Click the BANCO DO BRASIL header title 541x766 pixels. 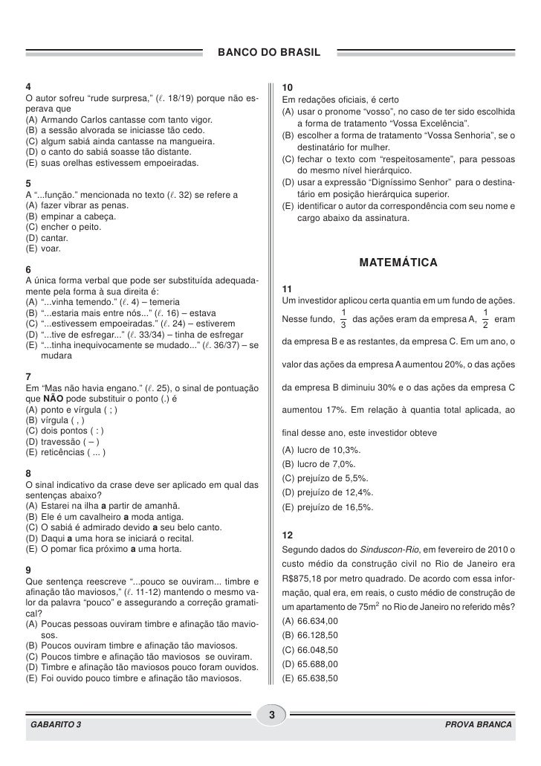click(270, 54)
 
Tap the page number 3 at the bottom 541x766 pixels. click(271, 715)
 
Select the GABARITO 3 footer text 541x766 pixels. click(56, 724)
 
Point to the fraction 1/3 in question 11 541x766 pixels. click(342, 318)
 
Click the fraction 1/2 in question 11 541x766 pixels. click(485, 318)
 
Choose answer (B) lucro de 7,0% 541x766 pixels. click(320, 464)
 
